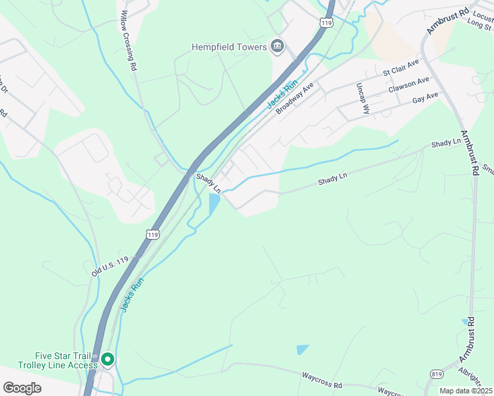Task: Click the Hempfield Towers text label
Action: point(229,46)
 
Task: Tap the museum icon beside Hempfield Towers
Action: point(277,46)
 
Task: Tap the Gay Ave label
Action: point(425,98)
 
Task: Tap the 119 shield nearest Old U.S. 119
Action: point(153,234)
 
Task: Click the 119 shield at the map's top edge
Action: point(324,22)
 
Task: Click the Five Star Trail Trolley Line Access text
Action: point(55,360)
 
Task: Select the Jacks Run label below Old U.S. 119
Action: point(131,294)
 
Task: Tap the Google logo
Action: point(22,387)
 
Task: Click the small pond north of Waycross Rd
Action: point(303,349)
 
